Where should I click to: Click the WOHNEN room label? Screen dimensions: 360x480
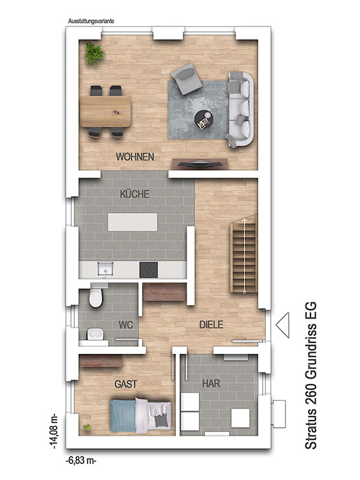[135, 157]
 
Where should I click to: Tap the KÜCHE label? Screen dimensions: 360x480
[135, 194]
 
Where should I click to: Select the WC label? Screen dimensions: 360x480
[126, 324]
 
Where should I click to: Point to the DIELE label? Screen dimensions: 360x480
[211, 324]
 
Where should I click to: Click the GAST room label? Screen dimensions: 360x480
[126, 384]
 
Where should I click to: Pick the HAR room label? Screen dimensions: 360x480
[211, 383]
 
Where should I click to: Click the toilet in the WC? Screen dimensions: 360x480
[96, 295]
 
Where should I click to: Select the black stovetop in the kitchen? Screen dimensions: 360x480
[149, 270]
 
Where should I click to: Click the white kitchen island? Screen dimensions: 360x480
[133, 222]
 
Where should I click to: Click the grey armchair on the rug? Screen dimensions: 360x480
[186, 79]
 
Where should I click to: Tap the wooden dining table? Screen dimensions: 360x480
[105, 112]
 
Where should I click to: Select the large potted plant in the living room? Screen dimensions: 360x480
[94, 54]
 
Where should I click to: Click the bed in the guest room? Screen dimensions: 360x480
[140, 416]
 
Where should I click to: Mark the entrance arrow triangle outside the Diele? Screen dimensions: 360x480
[283, 325]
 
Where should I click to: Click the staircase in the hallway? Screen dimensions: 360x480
[244, 254]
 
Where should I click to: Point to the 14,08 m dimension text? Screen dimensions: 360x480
[54, 431]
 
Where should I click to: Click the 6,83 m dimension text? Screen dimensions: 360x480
[81, 460]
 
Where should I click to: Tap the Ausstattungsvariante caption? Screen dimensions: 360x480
[91, 22]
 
